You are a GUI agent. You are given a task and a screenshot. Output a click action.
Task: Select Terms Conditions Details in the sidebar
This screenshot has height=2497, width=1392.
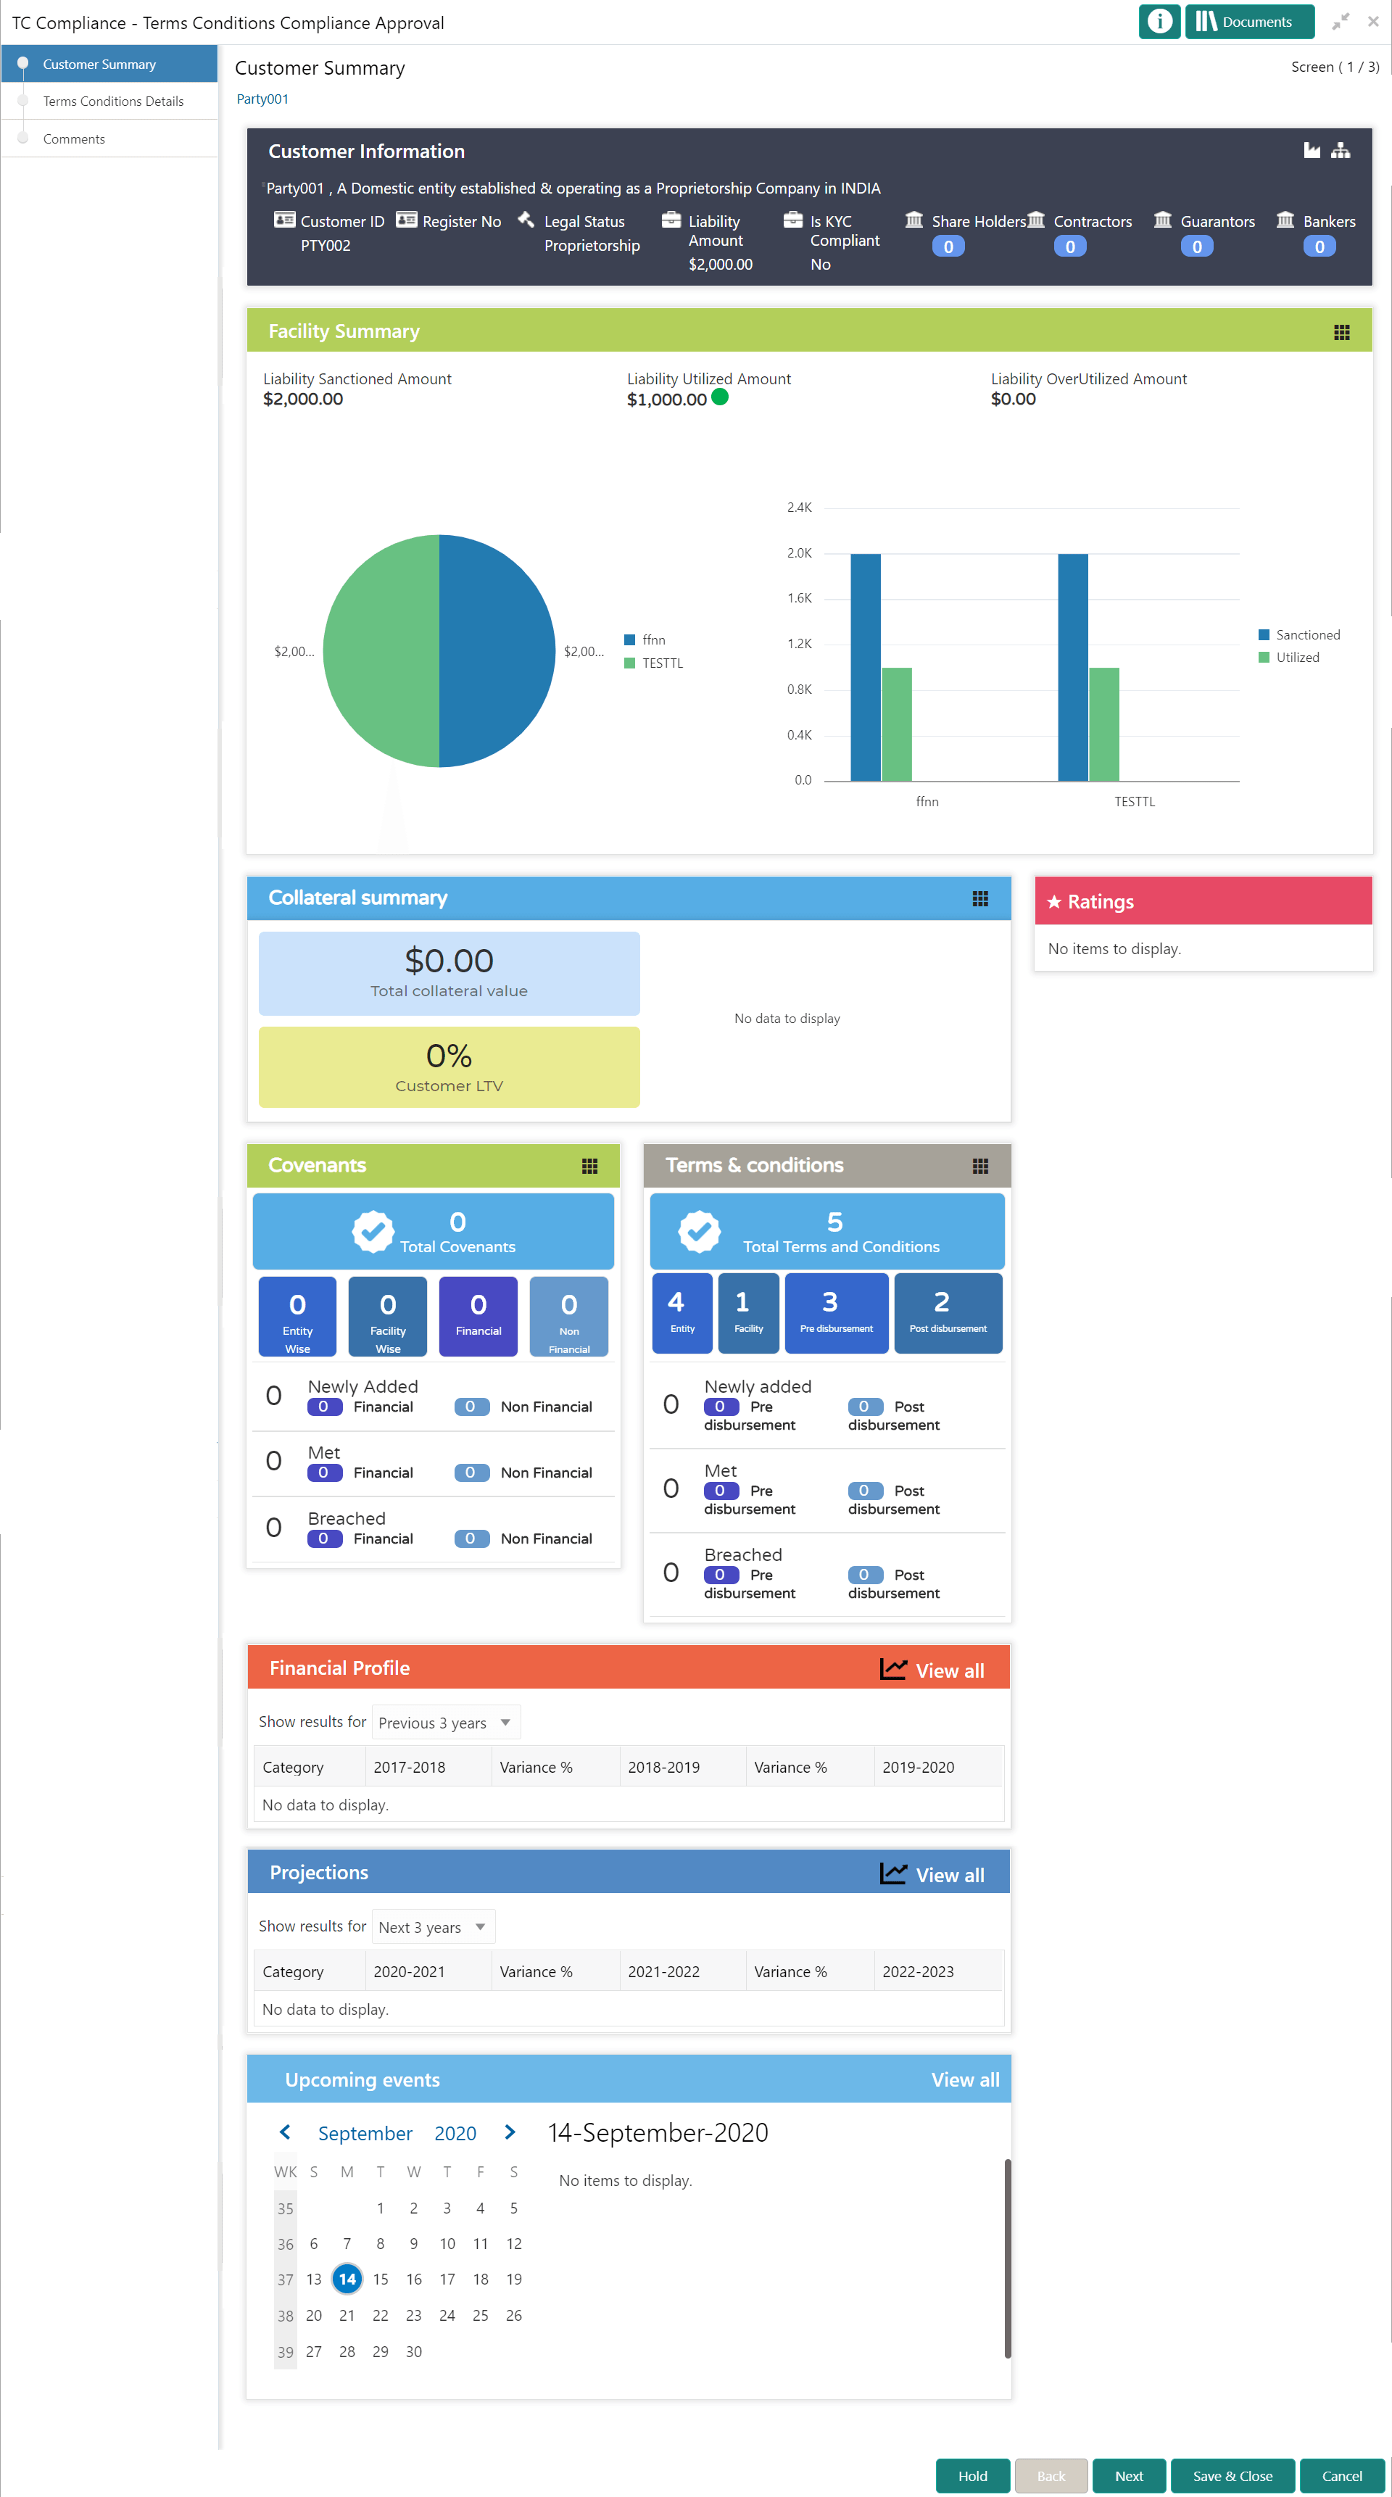[x=112, y=101]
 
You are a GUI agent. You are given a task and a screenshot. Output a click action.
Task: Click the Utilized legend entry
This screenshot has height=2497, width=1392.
[x=1297, y=657]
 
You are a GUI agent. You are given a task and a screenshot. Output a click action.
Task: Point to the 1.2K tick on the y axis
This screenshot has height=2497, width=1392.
[x=800, y=644]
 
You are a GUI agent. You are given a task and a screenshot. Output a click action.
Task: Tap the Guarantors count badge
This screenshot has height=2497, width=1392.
[x=1196, y=247]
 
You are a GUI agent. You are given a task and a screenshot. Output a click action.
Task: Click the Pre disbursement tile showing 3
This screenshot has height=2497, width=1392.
[x=836, y=1312]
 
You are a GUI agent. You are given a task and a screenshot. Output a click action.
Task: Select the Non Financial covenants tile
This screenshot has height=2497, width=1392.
[x=569, y=1315]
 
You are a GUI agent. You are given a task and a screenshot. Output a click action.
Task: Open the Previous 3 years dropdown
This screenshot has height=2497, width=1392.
[x=446, y=1723]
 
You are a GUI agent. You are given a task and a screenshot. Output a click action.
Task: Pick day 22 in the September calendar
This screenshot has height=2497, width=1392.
[x=380, y=2315]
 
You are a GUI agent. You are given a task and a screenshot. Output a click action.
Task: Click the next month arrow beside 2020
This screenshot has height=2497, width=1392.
[x=510, y=2132]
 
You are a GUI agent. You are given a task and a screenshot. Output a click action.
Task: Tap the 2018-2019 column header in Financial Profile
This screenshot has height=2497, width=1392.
[x=664, y=1766]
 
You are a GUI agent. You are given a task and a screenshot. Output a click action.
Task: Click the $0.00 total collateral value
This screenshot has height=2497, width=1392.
[x=449, y=961]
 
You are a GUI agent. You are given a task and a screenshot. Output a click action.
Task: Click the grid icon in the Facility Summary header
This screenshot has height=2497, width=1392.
[x=1341, y=333]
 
